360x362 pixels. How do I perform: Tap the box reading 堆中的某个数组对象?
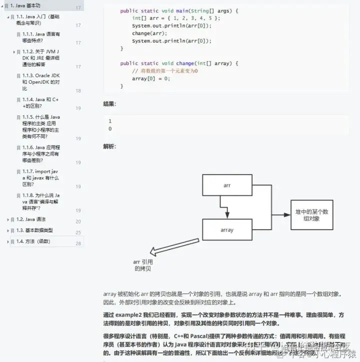[312, 215]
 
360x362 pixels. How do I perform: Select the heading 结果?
[109, 104]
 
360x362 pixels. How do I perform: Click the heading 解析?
[109, 147]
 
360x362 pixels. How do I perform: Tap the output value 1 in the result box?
[110, 121]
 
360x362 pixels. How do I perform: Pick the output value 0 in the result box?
[110, 129]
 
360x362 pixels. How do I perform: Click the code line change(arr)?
[148, 34]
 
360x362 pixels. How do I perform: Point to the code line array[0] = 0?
[151, 79]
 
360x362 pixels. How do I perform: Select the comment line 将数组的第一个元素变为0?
[165, 71]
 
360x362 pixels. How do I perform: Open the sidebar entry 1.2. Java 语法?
[31, 219]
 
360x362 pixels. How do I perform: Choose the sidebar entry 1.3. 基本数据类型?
[34, 230]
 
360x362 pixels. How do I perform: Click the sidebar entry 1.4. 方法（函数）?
[33, 241]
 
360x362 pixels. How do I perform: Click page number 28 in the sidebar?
[78, 244]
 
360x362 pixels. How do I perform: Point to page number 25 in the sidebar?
[78, 233]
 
